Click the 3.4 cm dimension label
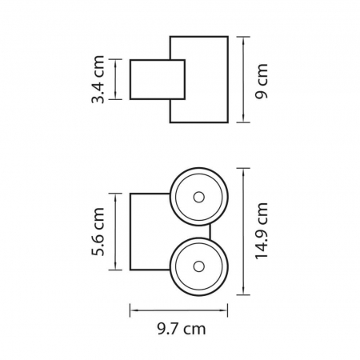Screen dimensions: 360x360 [100, 79]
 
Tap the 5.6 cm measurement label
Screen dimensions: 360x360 [100, 232]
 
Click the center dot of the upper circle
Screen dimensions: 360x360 [198, 197]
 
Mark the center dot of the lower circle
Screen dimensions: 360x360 [198, 266]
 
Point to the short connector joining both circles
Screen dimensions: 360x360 [211, 231]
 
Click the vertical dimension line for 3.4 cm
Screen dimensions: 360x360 [118, 79]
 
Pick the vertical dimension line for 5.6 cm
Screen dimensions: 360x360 [118, 232]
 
